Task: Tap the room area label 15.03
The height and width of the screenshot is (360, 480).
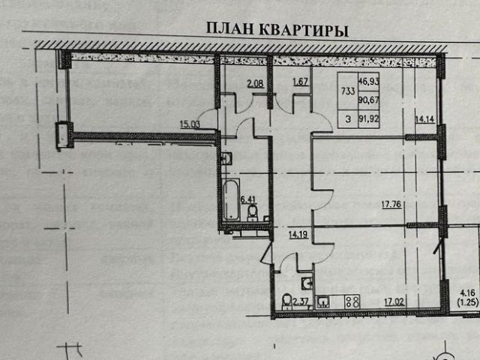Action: (190, 125)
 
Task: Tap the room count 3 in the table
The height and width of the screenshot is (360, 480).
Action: (348, 118)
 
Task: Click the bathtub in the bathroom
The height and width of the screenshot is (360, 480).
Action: (231, 199)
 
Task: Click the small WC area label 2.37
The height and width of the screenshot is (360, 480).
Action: (301, 302)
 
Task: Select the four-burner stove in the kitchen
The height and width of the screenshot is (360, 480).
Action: (352, 301)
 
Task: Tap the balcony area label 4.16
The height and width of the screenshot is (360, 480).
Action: (468, 292)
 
